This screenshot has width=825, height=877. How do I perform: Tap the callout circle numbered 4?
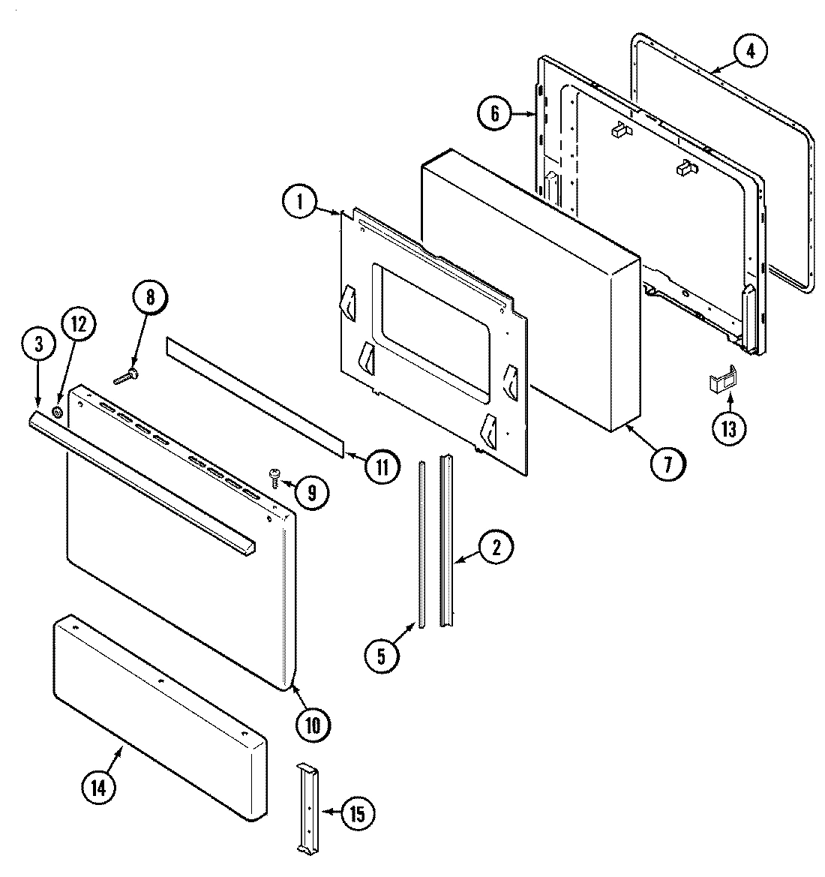(x=751, y=51)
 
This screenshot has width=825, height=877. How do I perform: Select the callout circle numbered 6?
(x=495, y=114)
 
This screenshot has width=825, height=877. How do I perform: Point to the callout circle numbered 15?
(x=358, y=812)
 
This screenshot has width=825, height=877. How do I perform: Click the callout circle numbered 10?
(x=312, y=724)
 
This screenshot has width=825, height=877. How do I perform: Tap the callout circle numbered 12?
(x=79, y=325)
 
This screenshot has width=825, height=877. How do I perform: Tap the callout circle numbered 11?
(x=382, y=467)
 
